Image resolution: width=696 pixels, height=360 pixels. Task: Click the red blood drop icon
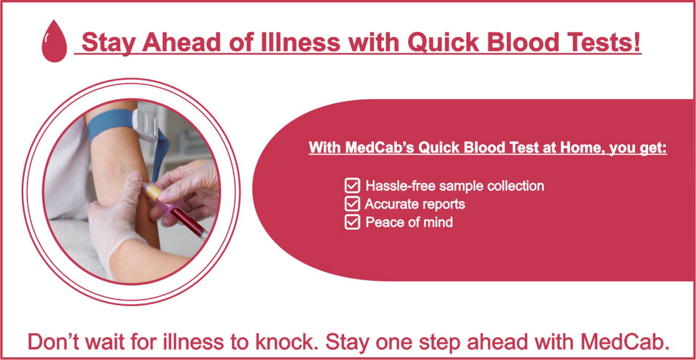coord(54,41)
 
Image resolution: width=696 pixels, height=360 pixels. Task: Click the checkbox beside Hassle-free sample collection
coord(352,185)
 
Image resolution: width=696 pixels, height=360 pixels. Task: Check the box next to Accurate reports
coord(352,203)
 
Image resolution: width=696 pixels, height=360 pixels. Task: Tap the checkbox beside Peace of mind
coord(352,222)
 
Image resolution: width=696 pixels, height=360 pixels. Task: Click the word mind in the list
coord(438,222)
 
